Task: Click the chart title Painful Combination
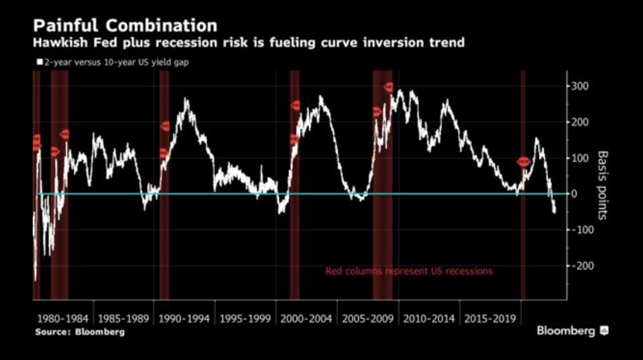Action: pyautogui.click(x=125, y=26)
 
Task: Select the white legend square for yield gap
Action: pyautogui.click(x=39, y=62)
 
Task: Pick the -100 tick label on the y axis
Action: pyautogui.click(x=582, y=230)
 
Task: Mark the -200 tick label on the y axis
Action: pyautogui.click(x=582, y=266)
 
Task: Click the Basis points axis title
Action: pyautogui.click(x=602, y=185)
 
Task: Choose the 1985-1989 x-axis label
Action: pyautogui.click(x=124, y=319)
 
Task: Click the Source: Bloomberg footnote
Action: pyautogui.click(x=80, y=332)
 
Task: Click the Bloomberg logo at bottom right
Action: pyautogui.click(x=572, y=331)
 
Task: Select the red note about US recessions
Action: pyautogui.click(x=408, y=271)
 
